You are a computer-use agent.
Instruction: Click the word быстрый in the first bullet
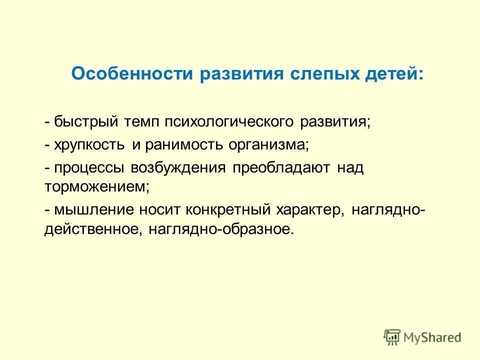click(x=84, y=122)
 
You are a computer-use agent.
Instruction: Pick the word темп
click(x=140, y=122)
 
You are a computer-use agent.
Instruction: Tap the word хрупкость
click(x=89, y=145)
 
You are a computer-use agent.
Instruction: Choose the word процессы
click(x=89, y=168)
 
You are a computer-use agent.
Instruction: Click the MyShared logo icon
click(x=392, y=336)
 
